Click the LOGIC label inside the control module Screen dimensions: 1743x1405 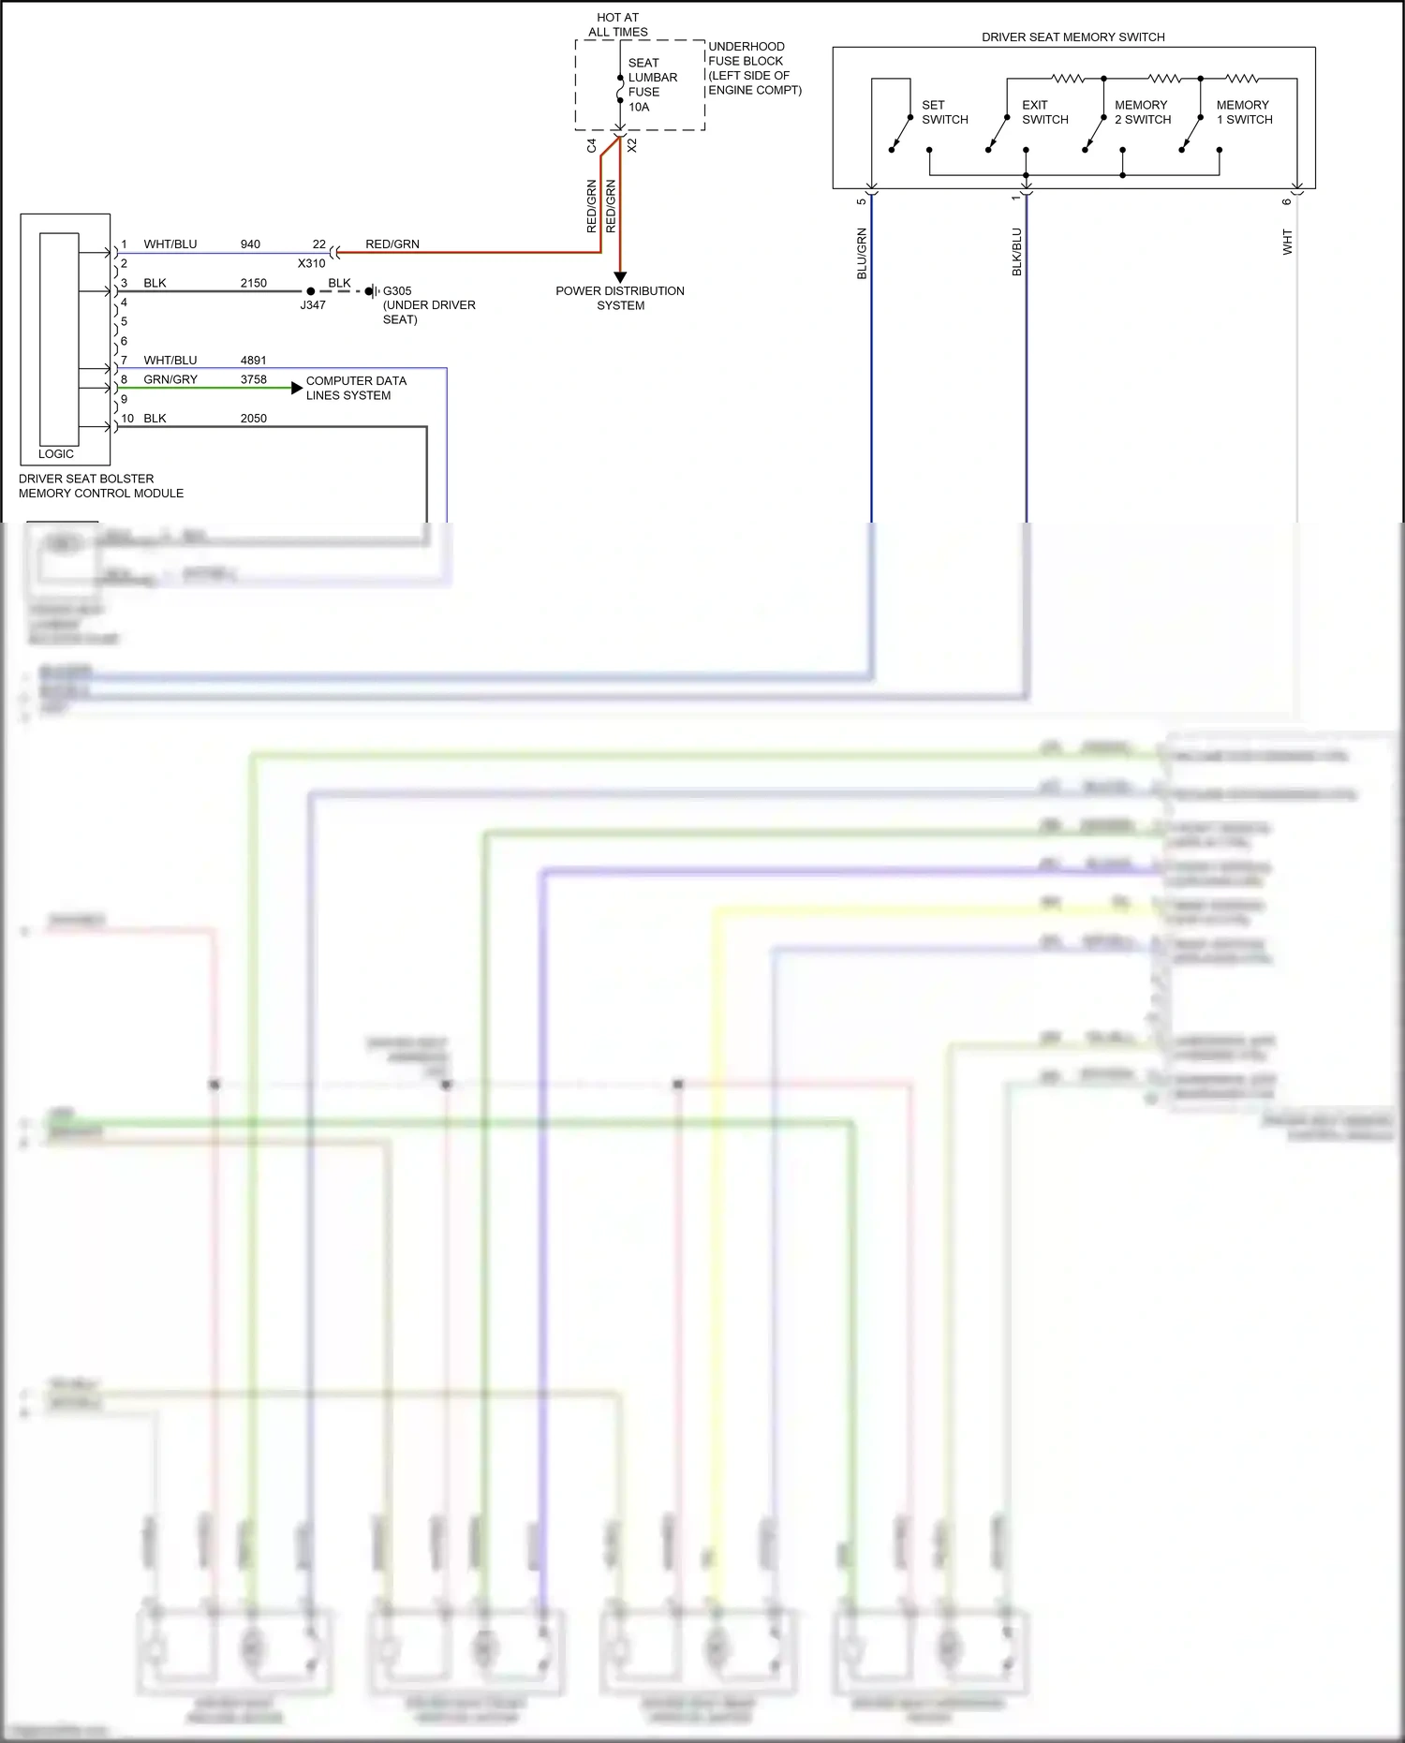pyautogui.click(x=56, y=453)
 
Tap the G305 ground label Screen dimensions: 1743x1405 pyautogui.click(x=397, y=290)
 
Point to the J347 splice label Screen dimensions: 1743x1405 pyautogui.click(x=313, y=305)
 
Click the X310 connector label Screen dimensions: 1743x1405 pyautogui.click(x=312, y=263)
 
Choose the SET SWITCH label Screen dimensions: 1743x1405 pyautogui.click(x=944, y=112)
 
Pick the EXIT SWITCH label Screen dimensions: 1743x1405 pyautogui.click(x=1044, y=112)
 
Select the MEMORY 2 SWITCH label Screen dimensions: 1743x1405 pyautogui.click(x=1143, y=112)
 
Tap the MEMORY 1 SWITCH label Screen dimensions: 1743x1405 pyautogui.click(x=1244, y=112)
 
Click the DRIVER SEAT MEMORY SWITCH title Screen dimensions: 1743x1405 pyautogui.click(x=1072, y=37)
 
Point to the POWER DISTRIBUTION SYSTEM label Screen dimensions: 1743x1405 pyautogui.click(x=620, y=298)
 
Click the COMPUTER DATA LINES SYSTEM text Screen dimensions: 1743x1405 pyautogui.click(x=356, y=388)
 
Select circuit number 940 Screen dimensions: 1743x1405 pyautogui.click(x=250, y=244)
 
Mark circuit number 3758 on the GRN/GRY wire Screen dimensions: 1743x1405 pyautogui.click(x=254, y=379)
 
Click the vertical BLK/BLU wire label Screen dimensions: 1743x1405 pyautogui.click(x=1016, y=252)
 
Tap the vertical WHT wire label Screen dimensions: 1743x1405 pyautogui.click(x=1287, y=242)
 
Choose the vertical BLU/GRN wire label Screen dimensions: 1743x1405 pyautogui.click(x=862, y=253)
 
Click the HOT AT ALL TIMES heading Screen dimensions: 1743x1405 pyautogui.click(x=617, y=24)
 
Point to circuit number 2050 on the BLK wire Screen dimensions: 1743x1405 pyautogui.click(x=254, y=419)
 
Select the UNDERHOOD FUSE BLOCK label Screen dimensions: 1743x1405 pyautogui.click(x=754, y=68)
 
